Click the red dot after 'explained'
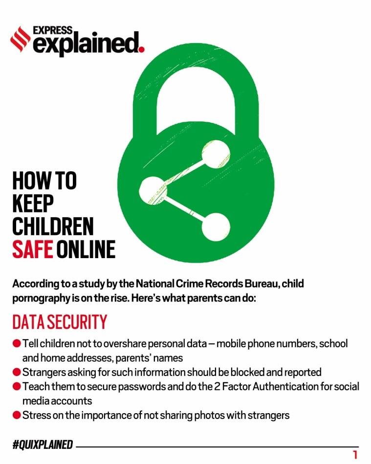(142, 49)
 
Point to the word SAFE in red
(33, 249)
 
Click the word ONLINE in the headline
(86, 249)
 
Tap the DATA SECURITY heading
(60, 322)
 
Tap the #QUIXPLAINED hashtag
(43, 444)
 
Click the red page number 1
(355, 455)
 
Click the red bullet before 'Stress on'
(17, 415)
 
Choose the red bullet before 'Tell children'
(17, 343)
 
